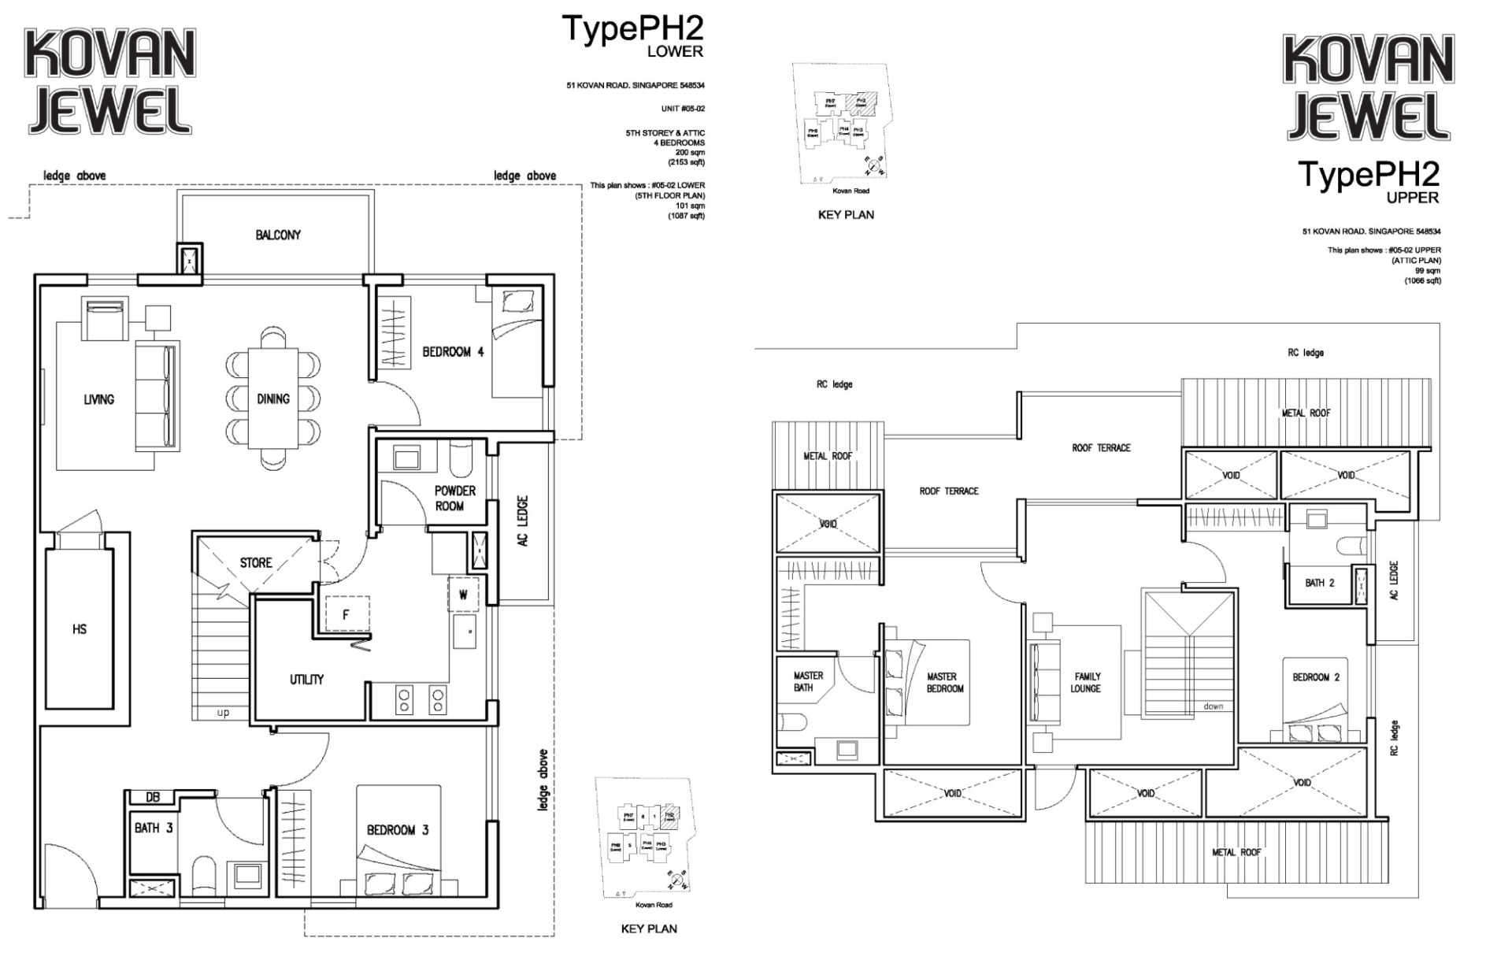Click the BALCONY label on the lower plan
(277, 235)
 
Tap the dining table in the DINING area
(273, 398)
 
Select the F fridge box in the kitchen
(345, 614)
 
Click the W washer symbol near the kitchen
(463, 595)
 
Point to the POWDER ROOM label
(454, 498)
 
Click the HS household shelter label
(80, 629)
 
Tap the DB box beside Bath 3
(153, 797)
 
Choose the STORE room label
(256, 562)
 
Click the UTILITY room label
(306, 679)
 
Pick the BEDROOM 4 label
(453, 352)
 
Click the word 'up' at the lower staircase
(223, 713)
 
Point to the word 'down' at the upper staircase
(1213, 706)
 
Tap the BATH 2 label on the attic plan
(1319, 583)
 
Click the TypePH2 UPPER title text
(1369, 181)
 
